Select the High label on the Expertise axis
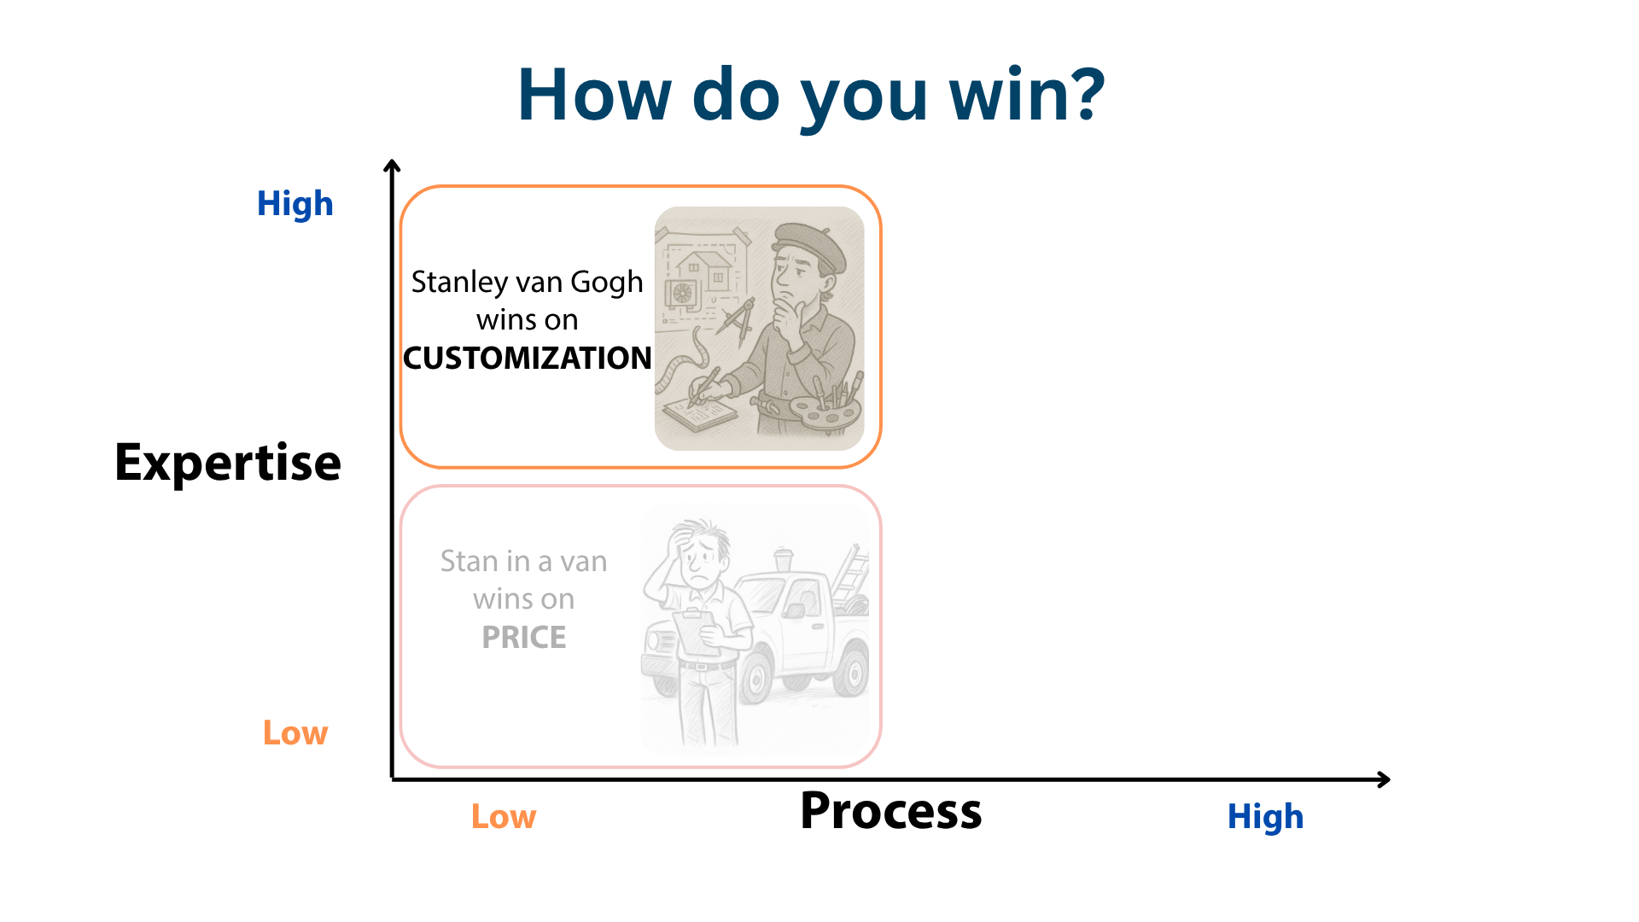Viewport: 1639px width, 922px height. pyautogui.click(x=295, y=205)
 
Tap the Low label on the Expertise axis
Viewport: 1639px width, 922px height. pyautogui.click(x=295, y=733)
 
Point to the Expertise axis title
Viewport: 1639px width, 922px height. pyautogui.click(x=228, y=464)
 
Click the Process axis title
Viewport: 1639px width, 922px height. pyautogui.click(x=890, y=810)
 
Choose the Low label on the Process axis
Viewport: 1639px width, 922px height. pyautogui.click(x=504, y=817)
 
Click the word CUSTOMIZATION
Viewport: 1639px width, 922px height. pyautogui.click(x=528, y=358)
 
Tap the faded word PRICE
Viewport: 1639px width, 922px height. pyautogui.click(x=524, y=637)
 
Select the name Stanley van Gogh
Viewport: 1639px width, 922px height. pyautogui.click(x=528, y=283)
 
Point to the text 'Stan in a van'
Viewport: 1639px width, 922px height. pyautogui.click(x=524, y=561)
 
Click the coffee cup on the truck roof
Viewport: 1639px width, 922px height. pyautogui.click(x=782, y=559)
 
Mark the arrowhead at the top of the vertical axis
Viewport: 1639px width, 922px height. pyautogui.click(x=392, y=165)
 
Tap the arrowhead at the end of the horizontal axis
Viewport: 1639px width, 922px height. pyautogui.click(x=1384, y=779)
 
